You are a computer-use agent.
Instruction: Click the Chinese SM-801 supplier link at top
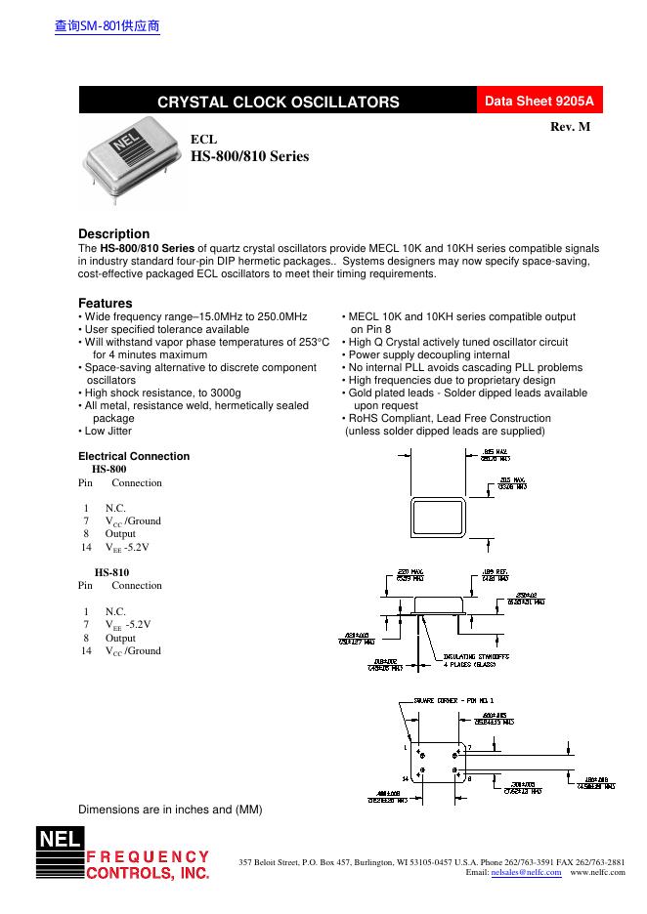click(x=107, y=26)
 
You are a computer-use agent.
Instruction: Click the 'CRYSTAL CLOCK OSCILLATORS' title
click(x=279, y=102)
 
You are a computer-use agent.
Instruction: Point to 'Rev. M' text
click(x=571, y=128)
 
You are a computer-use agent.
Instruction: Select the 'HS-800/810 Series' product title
click(x=249, y=155)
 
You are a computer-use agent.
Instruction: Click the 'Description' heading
click(x=113, y=233)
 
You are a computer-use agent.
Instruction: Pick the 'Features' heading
click(x=105, y=304)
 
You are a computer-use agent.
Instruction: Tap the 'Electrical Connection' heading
click(x=134, y=456)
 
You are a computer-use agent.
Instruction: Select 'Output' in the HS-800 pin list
click(x=120, y=534)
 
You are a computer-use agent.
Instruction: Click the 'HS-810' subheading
click(x=111, y=572)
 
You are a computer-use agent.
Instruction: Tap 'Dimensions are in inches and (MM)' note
click(x=170, y=810)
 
